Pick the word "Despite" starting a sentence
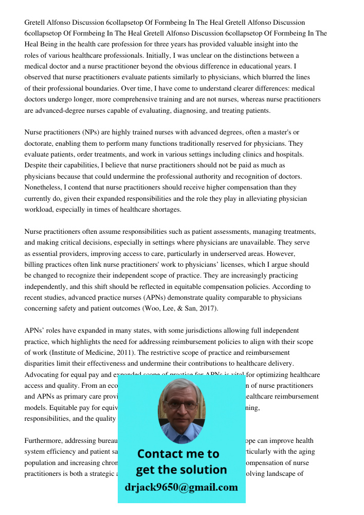[x=35, y=165]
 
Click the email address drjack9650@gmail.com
[x=181, y=487]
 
